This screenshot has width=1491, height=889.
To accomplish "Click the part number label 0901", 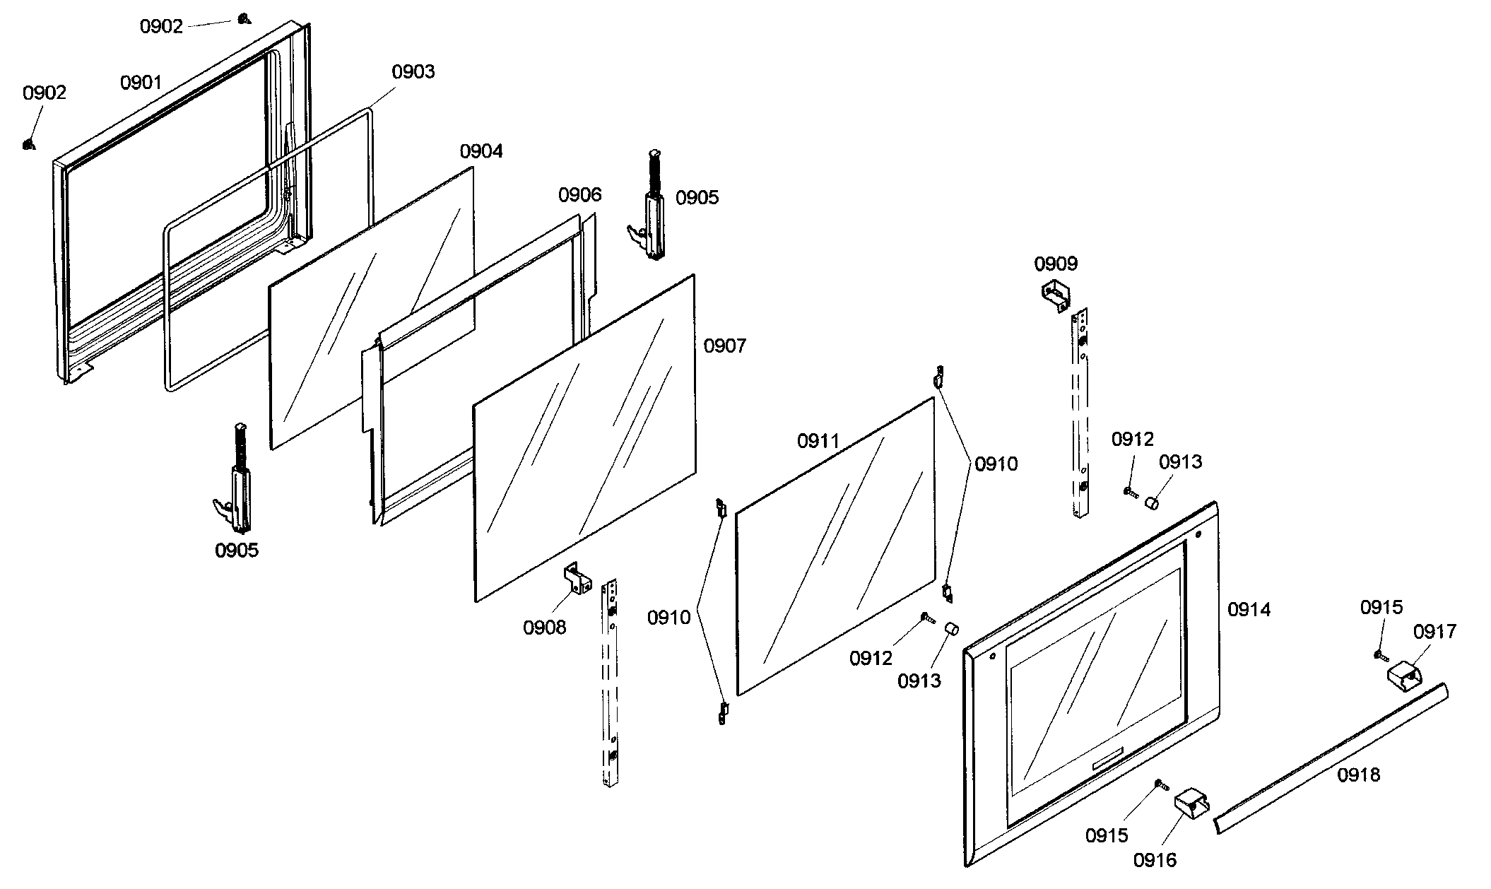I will (x=141, y=83).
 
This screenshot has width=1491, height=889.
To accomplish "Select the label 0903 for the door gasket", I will (x=413, y=71).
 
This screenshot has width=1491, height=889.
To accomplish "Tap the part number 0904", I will (x=481, y=151).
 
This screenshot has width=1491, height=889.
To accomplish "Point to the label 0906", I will (x=579, y=194).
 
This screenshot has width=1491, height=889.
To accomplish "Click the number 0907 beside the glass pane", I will (x=724, y=346).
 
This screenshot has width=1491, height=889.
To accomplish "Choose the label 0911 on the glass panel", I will (x=818, y=441).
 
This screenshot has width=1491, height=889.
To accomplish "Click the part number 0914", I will (x=1249, y=609).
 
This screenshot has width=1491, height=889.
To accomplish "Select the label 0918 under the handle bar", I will (x=1358, y=775).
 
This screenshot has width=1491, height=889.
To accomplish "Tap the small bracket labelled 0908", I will (x=577, y=579).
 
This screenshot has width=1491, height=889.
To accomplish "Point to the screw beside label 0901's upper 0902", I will (x=243, y=19).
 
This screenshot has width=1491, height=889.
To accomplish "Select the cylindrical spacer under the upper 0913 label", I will (x=1152, y=502).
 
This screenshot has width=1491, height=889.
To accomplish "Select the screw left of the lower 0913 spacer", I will (x=927, y=619).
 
